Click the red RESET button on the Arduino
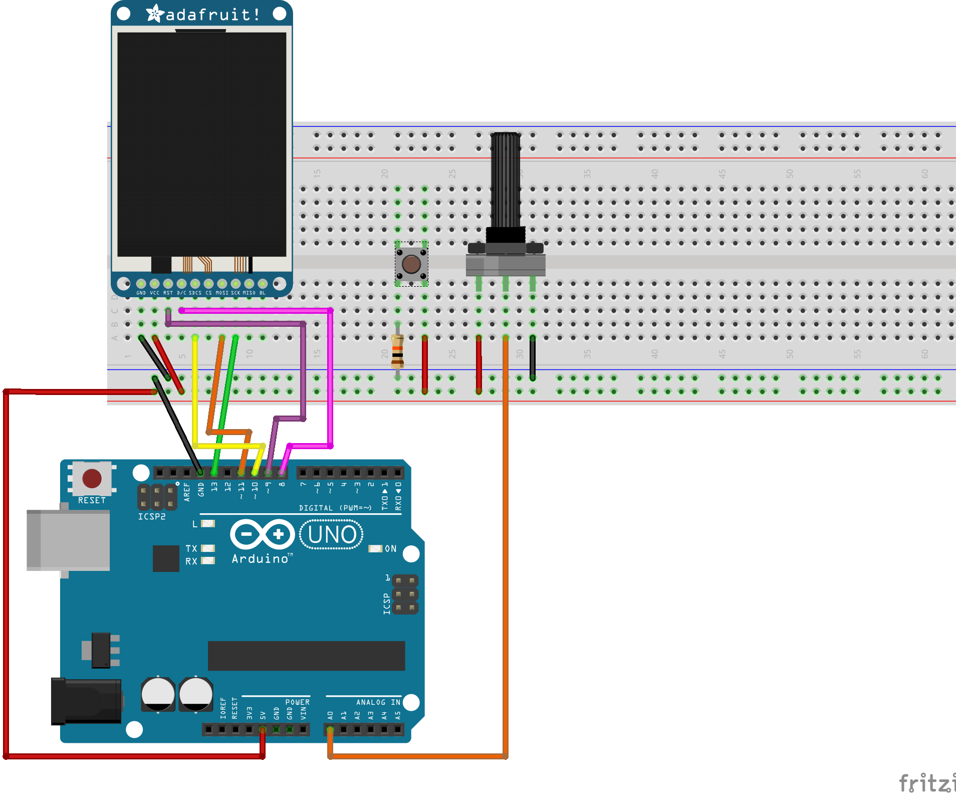coord(92,478)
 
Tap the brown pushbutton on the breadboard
coord(411,264)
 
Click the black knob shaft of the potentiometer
coord(505,180)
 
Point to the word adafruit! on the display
coord(212,15)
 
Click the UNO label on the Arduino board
coord(332,535)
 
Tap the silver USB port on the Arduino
coord(69,540)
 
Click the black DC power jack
coord(86,701)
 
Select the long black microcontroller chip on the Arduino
coord(306,656)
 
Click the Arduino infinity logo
coord(262,534)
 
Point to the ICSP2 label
coord(152,517)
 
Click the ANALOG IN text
coord(378,702)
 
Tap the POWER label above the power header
coord(297,702)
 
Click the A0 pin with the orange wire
coord(330,729)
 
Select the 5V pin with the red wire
coord(263,729)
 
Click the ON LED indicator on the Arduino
coord(375,549)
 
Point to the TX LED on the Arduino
coord(208,548)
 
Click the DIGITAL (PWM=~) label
coord(335,508)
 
